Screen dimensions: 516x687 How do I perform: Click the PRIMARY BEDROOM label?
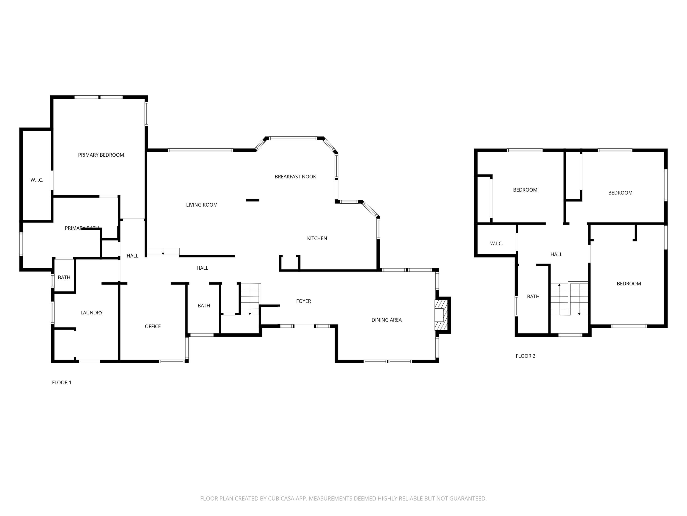tap(101, 155)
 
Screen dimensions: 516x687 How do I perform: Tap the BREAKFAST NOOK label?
tap(295, 177)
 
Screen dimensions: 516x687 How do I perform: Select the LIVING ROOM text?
tap(202, 205)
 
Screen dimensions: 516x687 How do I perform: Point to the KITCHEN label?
tap(317, 238)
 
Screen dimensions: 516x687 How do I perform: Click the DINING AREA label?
tap(386, 320)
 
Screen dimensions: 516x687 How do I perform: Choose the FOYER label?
tap(303, 301)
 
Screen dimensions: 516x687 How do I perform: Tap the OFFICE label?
tap(153, 326)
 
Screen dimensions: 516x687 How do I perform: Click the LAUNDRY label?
tap(91, 313)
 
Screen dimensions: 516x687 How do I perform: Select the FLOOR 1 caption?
tap(62, 383)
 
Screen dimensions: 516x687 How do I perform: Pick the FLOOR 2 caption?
tap(525, 356)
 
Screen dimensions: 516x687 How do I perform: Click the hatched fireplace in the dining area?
tap(441, 315)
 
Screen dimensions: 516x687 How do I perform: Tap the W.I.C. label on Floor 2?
tap(496, 244)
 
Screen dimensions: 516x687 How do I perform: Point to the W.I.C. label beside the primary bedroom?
tap(37, 180)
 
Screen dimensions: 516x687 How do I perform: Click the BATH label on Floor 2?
tap(533, 296)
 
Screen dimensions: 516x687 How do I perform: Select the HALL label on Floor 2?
tap(556, 254)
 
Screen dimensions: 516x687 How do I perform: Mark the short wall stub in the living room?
tap(253, 200)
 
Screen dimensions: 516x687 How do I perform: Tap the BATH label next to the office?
tap(204, 305)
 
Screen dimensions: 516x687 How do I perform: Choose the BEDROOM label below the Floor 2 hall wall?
tap(629, 283)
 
